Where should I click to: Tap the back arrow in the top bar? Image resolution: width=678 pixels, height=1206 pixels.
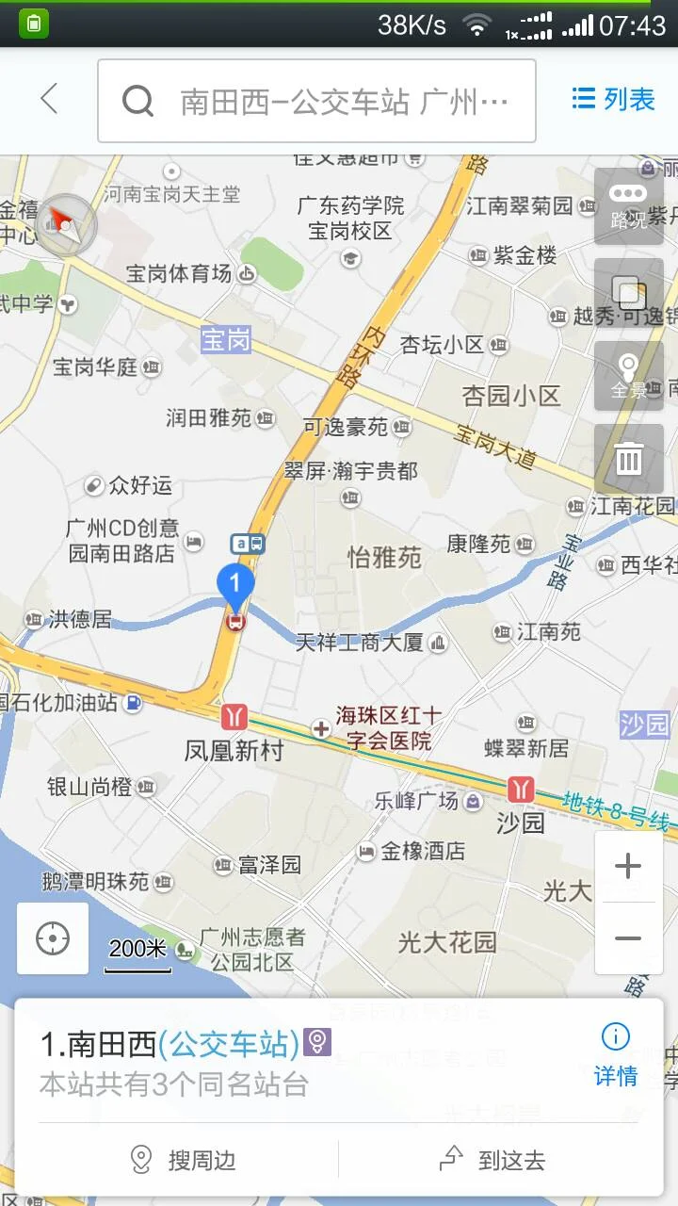49,99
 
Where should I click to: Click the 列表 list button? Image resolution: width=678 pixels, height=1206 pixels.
614,99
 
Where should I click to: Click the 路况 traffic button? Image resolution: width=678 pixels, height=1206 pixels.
628,206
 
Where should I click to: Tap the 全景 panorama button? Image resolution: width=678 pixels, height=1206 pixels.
628,376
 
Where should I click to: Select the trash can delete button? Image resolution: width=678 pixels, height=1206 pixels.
628,459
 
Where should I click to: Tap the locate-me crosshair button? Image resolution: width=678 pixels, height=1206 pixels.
53,938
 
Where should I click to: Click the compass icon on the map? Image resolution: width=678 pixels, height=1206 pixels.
68,223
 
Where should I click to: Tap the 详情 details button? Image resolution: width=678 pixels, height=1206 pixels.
616,1055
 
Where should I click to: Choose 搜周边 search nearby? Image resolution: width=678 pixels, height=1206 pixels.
184,1160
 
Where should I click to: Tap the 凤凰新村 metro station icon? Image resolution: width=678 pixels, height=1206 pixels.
233,717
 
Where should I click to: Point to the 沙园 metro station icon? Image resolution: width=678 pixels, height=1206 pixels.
520,789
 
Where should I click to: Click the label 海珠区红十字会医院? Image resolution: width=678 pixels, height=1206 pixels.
388,728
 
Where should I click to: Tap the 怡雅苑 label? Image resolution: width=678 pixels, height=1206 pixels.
384,557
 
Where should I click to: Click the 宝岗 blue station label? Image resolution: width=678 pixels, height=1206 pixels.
227,339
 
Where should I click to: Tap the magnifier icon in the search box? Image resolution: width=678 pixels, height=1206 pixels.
137,100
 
